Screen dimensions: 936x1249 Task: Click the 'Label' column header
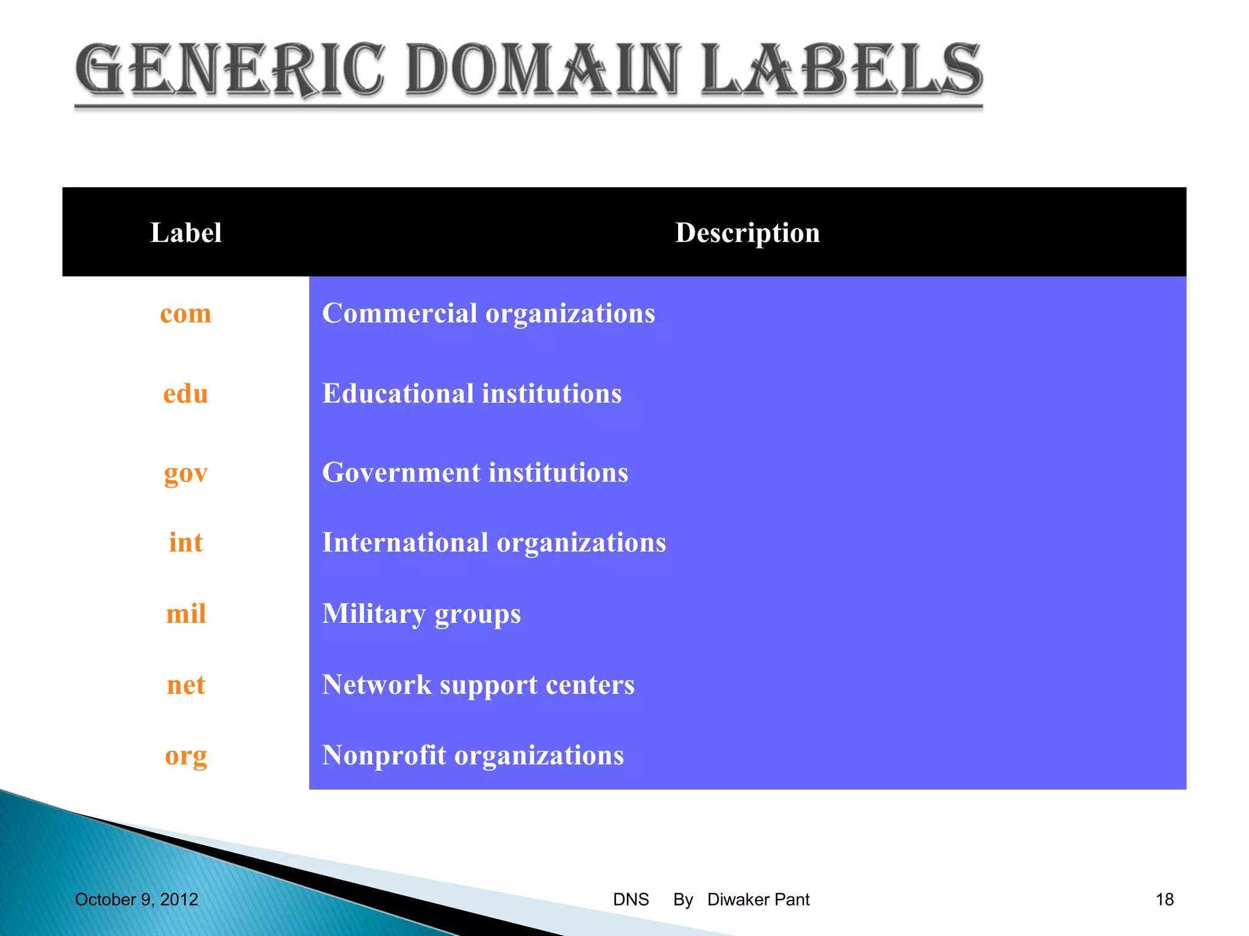tap(185, 233)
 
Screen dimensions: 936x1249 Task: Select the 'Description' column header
tap(747, 233)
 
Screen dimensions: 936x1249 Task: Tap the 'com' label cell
tap(185, 314)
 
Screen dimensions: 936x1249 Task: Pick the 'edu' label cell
tap(185, 394)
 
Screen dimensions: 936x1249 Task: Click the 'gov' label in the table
tap(185, 473)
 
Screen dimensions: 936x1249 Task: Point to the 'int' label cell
tap(185, 542)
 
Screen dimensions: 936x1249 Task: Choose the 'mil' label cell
tap(185, 614)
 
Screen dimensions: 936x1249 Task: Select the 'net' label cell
tap(185, 685)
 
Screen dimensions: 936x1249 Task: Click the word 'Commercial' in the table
tap(399, 313)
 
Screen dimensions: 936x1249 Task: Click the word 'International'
tap(405, 542)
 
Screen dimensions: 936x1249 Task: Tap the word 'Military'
tap(373, 614)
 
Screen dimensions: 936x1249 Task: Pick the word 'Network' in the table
tap(376, 685)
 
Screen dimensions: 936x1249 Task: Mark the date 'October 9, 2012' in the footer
tap(137, 899)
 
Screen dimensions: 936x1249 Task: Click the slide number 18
tap(1164, 899)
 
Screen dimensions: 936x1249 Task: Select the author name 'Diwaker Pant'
tap(758, 899)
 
